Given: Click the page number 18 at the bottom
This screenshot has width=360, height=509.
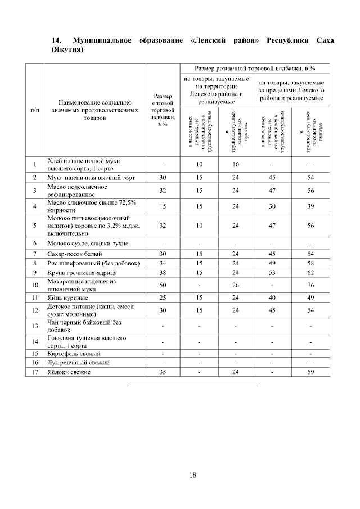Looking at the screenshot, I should coord(192,475).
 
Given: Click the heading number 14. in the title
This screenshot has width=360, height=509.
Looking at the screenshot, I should coord(56,41).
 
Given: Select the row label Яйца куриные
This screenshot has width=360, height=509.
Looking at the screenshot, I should coord(68,296).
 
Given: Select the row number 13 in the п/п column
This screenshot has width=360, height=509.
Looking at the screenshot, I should coord(35,326).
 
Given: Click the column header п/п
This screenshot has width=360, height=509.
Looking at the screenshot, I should coord(35,111).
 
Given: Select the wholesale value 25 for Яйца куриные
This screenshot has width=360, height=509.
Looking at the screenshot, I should coord(163,296).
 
